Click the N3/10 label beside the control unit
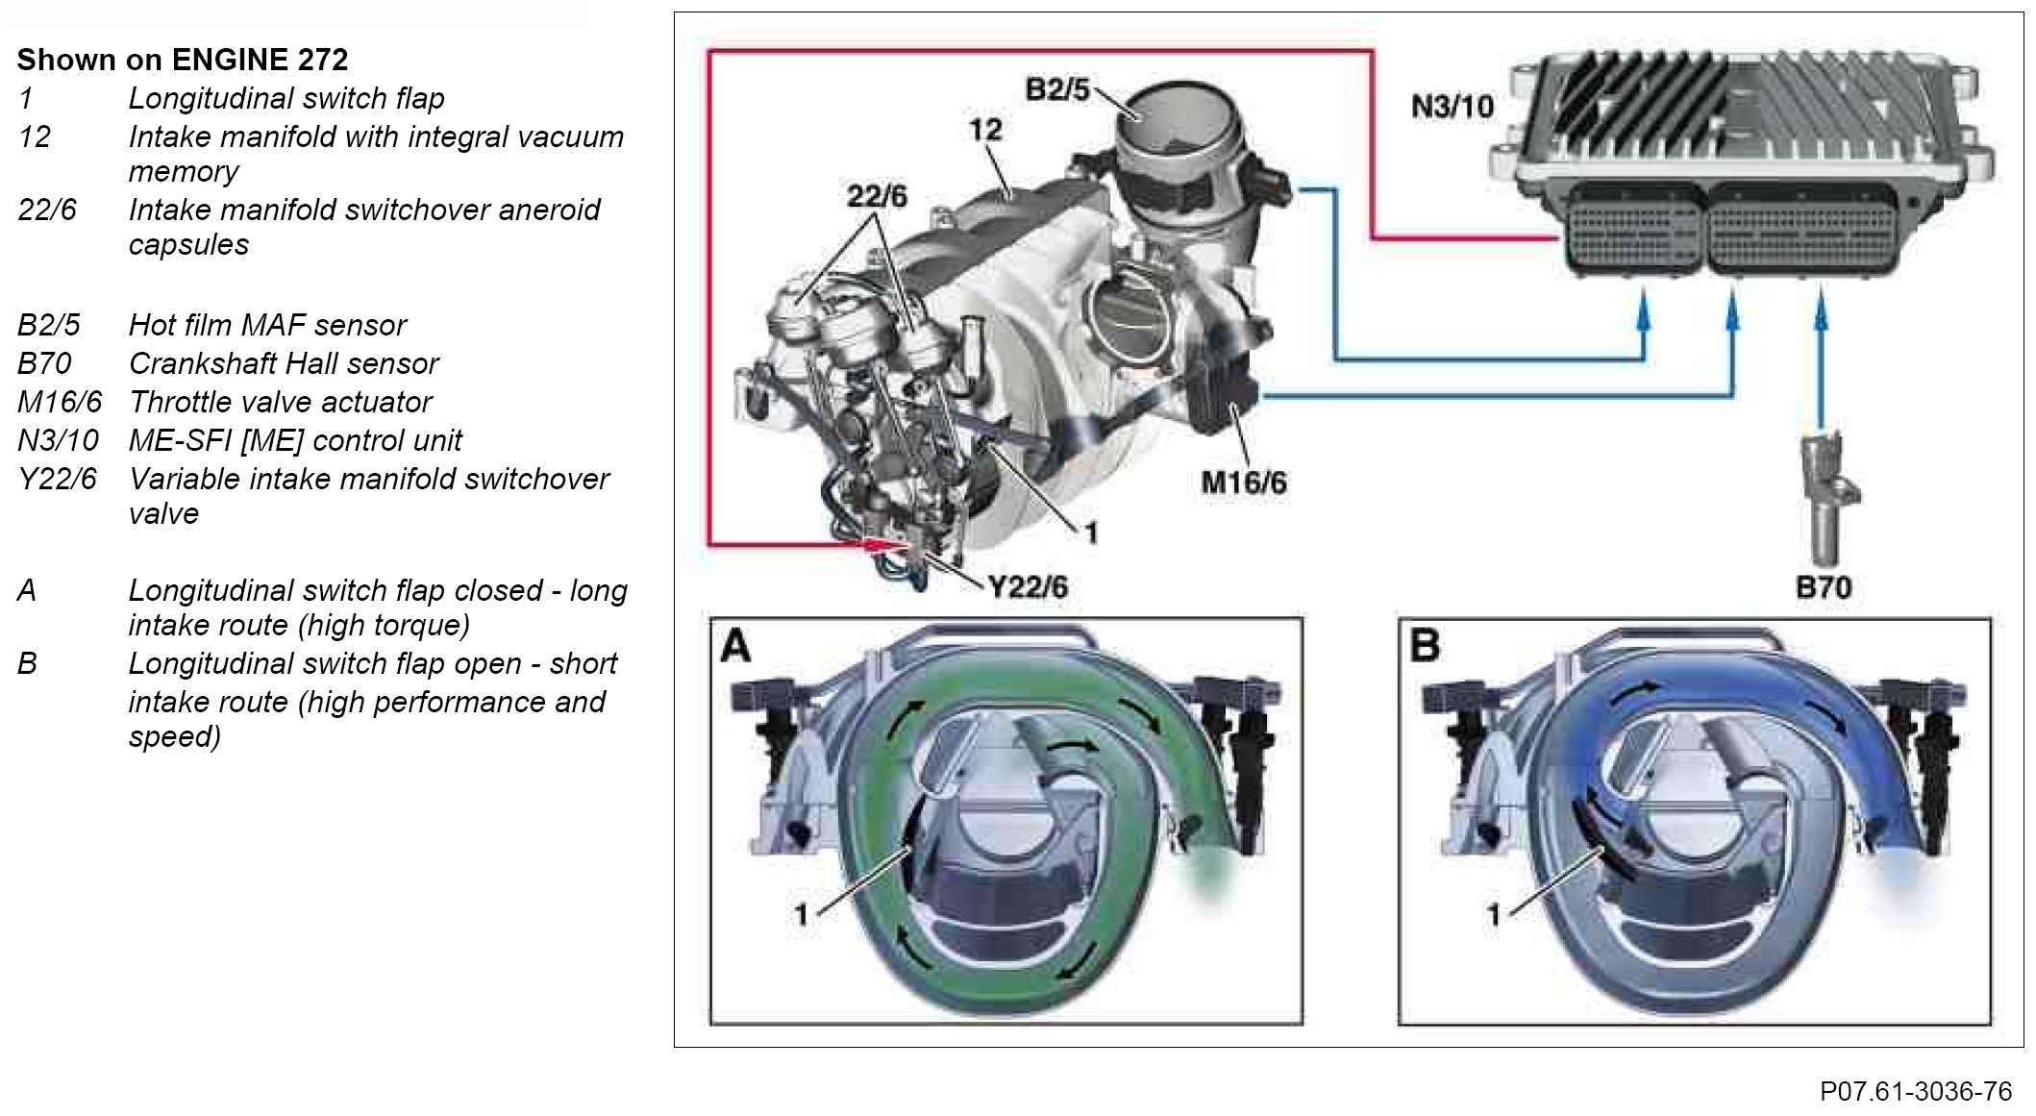(1452, 106)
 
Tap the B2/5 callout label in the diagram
(1057, 89)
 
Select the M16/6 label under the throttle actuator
(1244, 482)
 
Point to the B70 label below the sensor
(1824, 586)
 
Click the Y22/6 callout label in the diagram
(1028, 586)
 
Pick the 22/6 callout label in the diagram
(876, 196)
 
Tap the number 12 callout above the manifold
(985, 130)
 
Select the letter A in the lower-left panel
(736, 646)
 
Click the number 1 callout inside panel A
(801, 914)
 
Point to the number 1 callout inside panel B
(1493, 914)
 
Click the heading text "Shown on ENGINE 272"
(183, 60)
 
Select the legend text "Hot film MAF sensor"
(267, 325)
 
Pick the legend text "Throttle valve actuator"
(281, 402)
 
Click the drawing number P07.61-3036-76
(1915, 1092)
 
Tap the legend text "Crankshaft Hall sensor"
(284, 363)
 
